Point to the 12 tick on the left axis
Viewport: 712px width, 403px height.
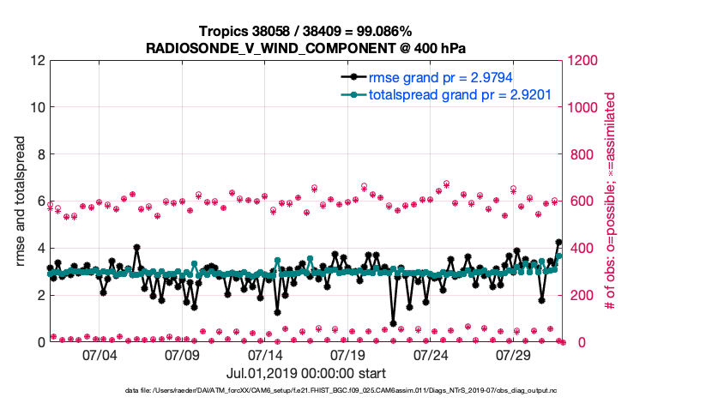36,61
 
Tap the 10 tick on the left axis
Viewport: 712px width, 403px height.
36,108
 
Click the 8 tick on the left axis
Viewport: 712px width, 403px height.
39,154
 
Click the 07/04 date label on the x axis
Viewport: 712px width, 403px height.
100,355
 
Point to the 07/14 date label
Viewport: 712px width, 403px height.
265,355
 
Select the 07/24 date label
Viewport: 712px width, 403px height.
431,355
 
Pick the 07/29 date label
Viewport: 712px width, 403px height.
514,355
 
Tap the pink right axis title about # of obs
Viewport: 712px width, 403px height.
611,201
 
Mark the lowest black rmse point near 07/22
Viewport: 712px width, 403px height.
394,323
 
